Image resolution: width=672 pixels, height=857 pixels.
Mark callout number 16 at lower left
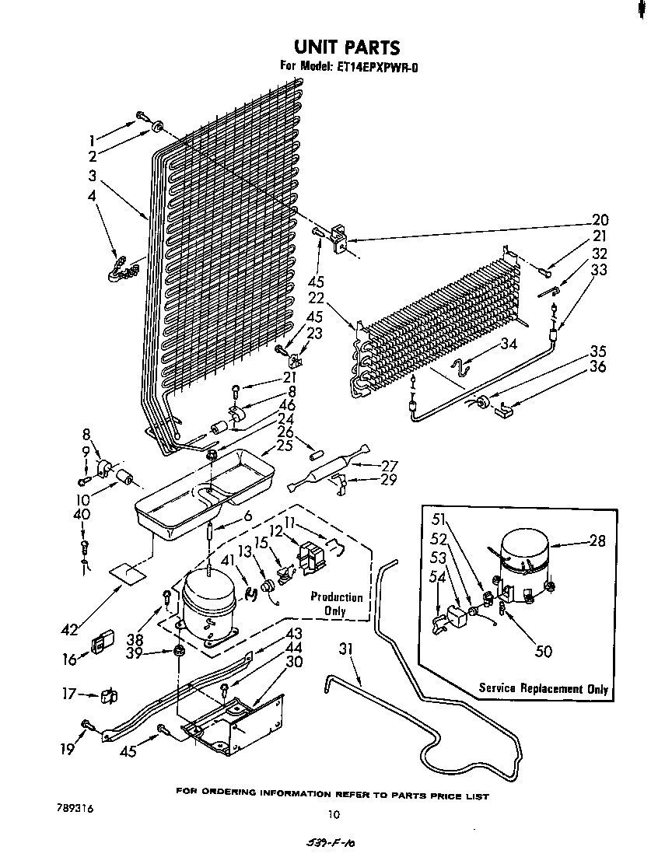tap(71, 659)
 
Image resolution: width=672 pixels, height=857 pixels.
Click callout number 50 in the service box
tap(544, 651)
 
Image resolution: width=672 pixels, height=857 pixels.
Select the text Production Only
tap(336, 603)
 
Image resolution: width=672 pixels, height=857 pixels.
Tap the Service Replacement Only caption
tap(543, 688)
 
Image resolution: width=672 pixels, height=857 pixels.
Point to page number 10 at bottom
tap(334, 815)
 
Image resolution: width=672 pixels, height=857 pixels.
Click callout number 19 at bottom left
tap(69, 749)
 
